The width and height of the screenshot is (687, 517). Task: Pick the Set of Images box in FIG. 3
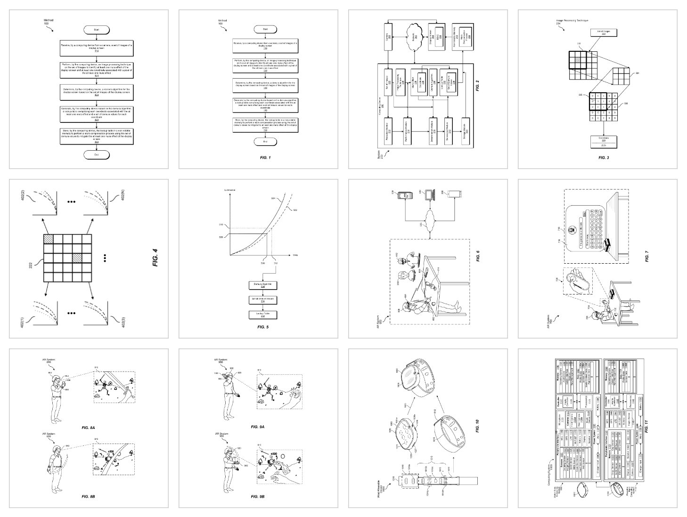tap(603, 32)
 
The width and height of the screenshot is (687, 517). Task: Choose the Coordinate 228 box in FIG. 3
tap(603, 141)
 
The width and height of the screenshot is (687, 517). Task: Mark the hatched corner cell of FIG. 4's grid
tap(49, 239)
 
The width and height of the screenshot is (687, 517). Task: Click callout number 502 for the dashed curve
tap(294, 210)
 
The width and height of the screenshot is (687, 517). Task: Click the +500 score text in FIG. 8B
tap(112, 451)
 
